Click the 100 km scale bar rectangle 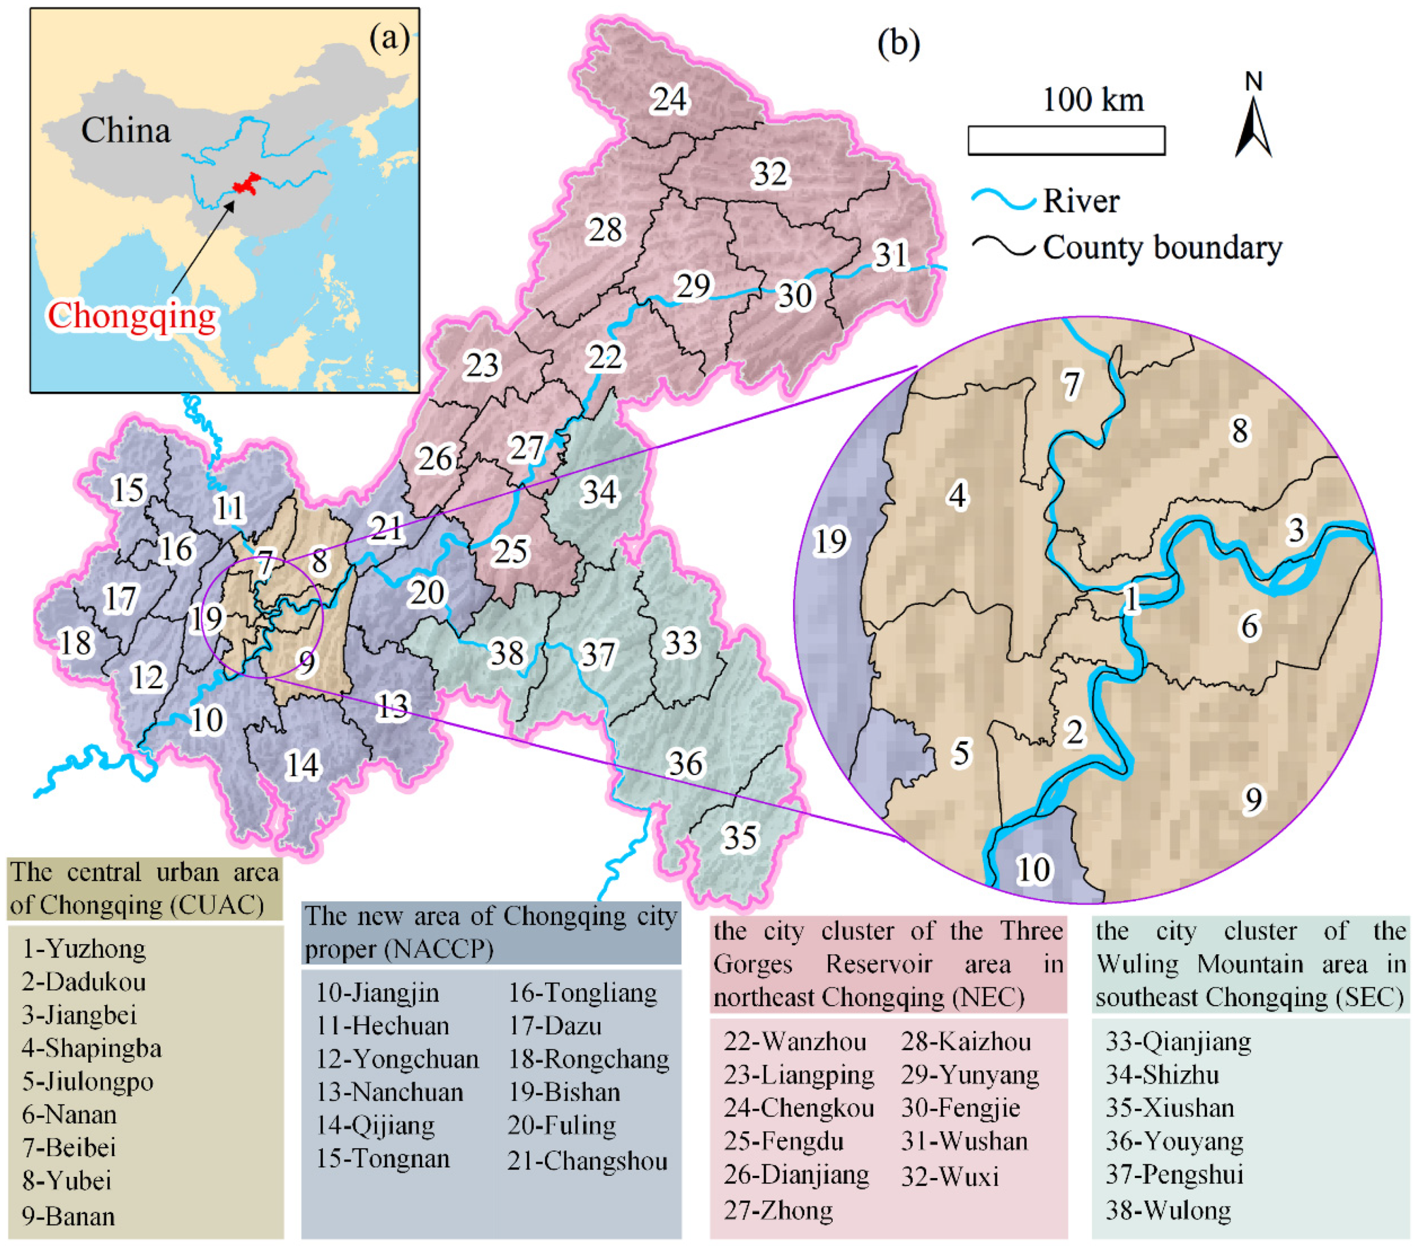coord(1066,140)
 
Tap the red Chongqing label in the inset coord(132,316)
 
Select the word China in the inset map coord(126,130)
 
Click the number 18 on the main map coord(76,643)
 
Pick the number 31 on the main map coord(891,255)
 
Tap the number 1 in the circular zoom coord(1131,599)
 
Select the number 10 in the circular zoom coord(1034,869)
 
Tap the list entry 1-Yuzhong coord(84,949)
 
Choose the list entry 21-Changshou coord(587,1161)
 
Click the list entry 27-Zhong coord(778,1210)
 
